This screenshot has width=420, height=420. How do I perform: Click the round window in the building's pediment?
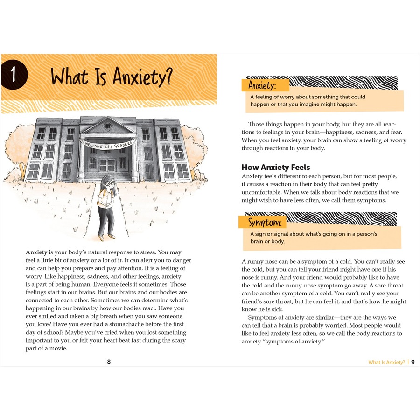coord(108,126)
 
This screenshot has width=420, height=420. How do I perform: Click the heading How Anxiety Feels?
coord(275,167)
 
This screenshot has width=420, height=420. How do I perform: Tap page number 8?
coord(109,361)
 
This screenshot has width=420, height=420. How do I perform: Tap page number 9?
coord(413,362)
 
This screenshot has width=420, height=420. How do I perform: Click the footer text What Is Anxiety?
coord(386,362)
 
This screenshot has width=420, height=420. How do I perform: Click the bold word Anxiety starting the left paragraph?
coord(36,252)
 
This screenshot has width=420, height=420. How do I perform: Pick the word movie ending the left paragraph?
coord(59,349)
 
